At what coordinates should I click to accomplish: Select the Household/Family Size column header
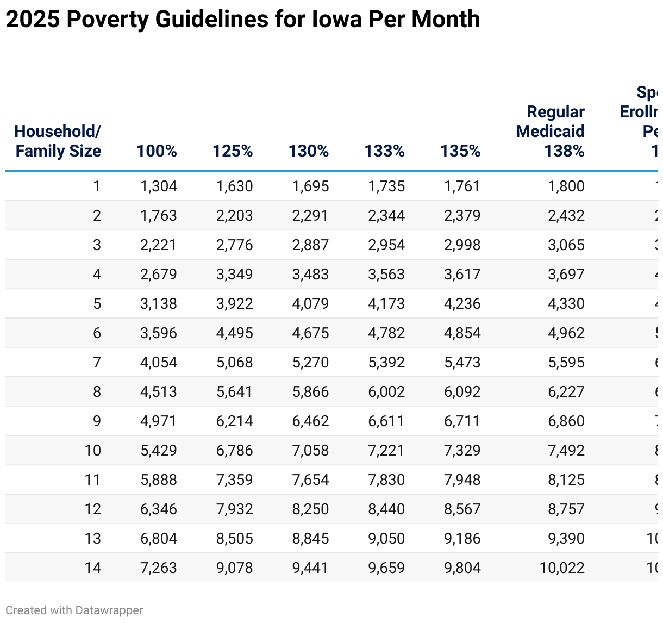(x=58, y=141)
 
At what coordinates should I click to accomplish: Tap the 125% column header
(x=233, y=151)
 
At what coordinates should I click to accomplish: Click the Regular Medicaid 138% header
(x=550, y=131)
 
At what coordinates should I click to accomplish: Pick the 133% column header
(x=384, y=151)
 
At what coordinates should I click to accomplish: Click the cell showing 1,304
(x=158, y=186)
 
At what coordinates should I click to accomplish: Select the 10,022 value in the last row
(x=562, y=568)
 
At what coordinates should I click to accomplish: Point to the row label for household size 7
(x=97, y=363)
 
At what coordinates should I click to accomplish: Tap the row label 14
(x=93, y=568)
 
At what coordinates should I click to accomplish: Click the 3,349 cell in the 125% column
(x=234, y=275)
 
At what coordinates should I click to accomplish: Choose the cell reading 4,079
(x=310, y=304)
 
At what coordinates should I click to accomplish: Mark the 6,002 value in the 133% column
(x=386, y=392)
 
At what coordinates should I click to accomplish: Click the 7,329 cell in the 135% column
(x=462, y=451)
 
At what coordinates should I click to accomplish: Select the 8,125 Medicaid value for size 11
(x=566, y=480)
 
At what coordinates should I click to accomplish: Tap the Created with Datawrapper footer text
(x=74, y=610)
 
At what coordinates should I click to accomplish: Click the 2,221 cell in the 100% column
(x=158, y=245)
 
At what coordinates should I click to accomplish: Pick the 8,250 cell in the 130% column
(x=310, y=509)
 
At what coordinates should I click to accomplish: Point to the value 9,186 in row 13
(x=462, y=539)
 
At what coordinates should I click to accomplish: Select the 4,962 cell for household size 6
(x=566, y=333)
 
